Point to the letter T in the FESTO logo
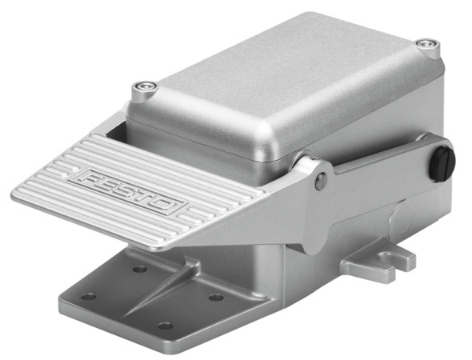(146, 195)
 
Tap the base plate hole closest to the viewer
(165, 326)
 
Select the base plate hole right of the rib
(216, 297)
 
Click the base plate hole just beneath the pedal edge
(139, 269)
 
